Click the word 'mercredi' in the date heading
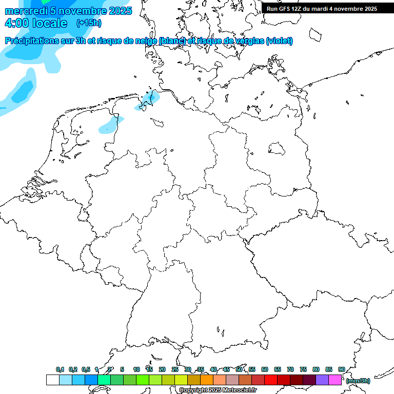coord(27,11)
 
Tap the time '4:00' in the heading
coord(16,23)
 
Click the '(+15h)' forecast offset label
coord(89,23)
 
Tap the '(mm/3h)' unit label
coord(358,381)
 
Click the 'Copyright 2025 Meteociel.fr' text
coord(218,390)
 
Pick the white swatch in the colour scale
coord(53,380)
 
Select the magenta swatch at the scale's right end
coord(335,380)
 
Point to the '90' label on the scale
coord(341,369)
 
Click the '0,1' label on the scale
coord(60,369)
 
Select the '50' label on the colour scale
coord(239,369)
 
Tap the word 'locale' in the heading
coord(50,23)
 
